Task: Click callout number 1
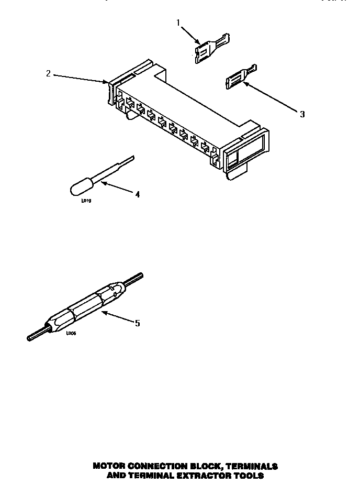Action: point(178,23)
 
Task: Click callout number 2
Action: point(49,73)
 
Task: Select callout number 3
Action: point(302,114)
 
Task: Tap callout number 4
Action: point(138,194)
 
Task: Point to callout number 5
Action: point(138,323)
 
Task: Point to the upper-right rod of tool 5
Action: point(133,278)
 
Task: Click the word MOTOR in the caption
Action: point(111,466)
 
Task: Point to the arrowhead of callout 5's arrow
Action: point(103,313)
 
